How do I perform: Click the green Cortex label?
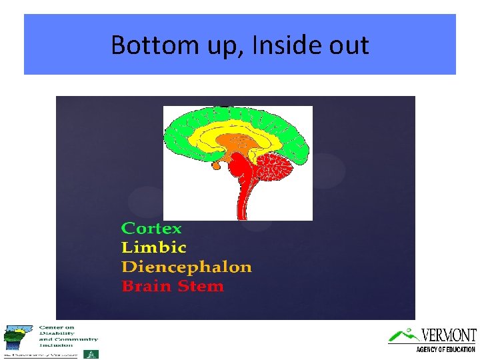tap(151, 228)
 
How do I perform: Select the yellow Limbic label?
tap(154, 247)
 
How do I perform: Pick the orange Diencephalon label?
tap(187, 267)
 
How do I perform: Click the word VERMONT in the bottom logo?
tap(448, 335)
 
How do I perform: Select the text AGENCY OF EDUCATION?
tap(445, 349)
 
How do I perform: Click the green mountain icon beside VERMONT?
tap(403, 335)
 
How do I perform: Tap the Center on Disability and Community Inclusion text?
tap(68, 337)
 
